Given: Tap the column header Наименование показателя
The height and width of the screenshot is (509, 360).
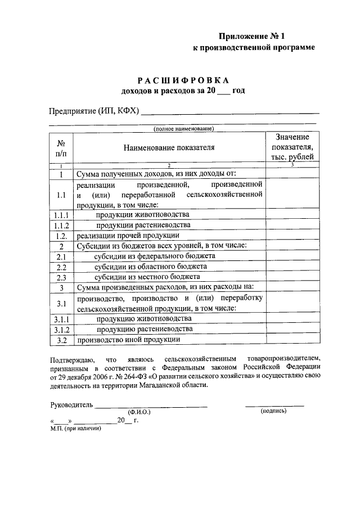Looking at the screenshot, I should coord(169,148).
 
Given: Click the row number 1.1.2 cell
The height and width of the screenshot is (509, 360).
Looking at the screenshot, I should coord(61,226).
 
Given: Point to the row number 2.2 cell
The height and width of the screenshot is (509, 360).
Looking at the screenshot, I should coord(61,267).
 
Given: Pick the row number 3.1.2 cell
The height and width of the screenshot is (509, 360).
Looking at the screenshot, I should coord(61,330).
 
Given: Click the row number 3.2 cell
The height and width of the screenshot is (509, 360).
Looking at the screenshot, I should coord(61,340).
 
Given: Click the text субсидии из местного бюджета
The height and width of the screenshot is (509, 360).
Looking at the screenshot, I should coord(147,277).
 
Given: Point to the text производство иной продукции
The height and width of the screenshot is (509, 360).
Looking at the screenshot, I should coord(128,340).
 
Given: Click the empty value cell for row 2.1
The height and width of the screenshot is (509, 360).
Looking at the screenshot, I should coord(291,256).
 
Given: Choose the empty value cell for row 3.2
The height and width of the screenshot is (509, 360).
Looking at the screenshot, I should coord(291,340).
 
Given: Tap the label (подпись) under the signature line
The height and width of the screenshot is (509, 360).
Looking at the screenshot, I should coord(274,411).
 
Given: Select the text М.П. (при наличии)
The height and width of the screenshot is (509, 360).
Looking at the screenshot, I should coord(75,429).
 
